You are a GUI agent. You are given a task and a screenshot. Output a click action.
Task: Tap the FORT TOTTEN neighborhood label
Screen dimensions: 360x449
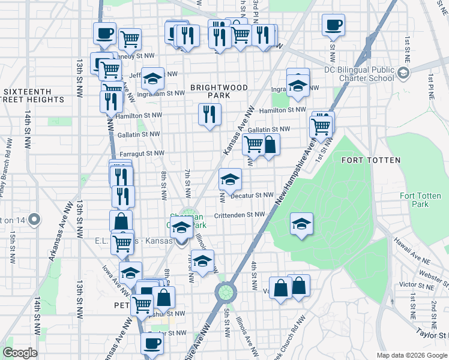[x=366, y=160]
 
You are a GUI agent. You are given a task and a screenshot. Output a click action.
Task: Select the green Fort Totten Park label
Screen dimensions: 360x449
[x=421, y=200]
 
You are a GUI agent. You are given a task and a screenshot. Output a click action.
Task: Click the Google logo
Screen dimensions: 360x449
[x=20, y=353]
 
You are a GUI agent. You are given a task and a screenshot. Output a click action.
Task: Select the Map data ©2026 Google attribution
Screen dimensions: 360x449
[x=411, y=355]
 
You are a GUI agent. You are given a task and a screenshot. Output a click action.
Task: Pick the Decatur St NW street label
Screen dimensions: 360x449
[x=252, y=195]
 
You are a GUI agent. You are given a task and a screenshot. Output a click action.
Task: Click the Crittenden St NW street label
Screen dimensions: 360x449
[x=239, y=214]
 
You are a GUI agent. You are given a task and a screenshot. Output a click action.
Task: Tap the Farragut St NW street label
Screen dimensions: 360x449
[x=142, y=153]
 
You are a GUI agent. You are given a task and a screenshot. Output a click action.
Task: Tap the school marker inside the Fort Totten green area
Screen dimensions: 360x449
[x=301, y=224]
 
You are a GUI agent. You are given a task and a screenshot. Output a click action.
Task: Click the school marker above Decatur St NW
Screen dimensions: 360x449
[x=230, y=179]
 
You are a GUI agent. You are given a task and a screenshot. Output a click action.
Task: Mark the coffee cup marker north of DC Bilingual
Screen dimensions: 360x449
[x=333, y=25]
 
